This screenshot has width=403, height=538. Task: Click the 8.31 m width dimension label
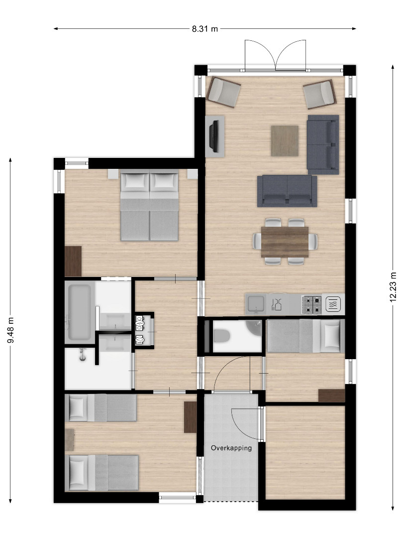(204, 29)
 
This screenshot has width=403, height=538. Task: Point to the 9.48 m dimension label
(10, 330)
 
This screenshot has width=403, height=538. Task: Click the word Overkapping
(231, 448)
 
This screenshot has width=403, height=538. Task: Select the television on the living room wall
(214, 136)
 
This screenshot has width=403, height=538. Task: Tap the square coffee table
(285, 140)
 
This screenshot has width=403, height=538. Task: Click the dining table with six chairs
(285, 242)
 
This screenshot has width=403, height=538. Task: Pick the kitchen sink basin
(256, 303)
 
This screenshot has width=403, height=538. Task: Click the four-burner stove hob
(311, 305)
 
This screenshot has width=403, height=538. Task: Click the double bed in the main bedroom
(149, 205)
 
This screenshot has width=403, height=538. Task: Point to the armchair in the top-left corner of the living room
(224, 92)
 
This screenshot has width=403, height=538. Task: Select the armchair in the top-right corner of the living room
(320, 94)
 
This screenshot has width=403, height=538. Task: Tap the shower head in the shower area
(82, 355)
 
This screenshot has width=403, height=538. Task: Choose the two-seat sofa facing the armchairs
(287, 191)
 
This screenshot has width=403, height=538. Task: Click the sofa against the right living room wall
(323, 145)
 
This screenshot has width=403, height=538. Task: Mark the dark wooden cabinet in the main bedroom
(73, 261)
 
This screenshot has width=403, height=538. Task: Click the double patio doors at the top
(275, 56)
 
